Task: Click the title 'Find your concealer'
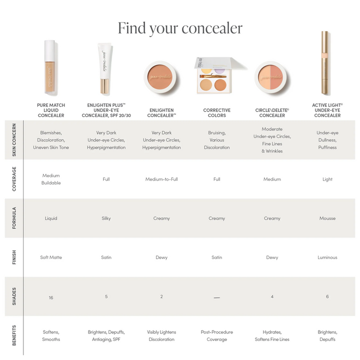[180, 28]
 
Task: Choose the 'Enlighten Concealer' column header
[161, 112]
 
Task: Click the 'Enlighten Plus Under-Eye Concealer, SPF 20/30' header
[106, 110]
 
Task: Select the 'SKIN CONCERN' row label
[14, 140]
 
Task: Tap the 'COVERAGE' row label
[14, 179]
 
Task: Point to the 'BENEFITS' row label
[14, 335]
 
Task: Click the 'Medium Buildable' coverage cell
[51, 179]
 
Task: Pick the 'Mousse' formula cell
[327, 218]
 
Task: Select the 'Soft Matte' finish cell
[51, 257]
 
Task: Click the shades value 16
[51, 297]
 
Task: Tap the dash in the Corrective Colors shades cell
[216, 297]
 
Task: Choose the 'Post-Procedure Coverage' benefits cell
[216, 335]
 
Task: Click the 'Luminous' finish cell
[327, 257]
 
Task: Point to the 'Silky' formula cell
[106, 218]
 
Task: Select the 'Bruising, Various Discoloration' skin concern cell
[216, 140]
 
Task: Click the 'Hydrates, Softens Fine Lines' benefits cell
[272, 335]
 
